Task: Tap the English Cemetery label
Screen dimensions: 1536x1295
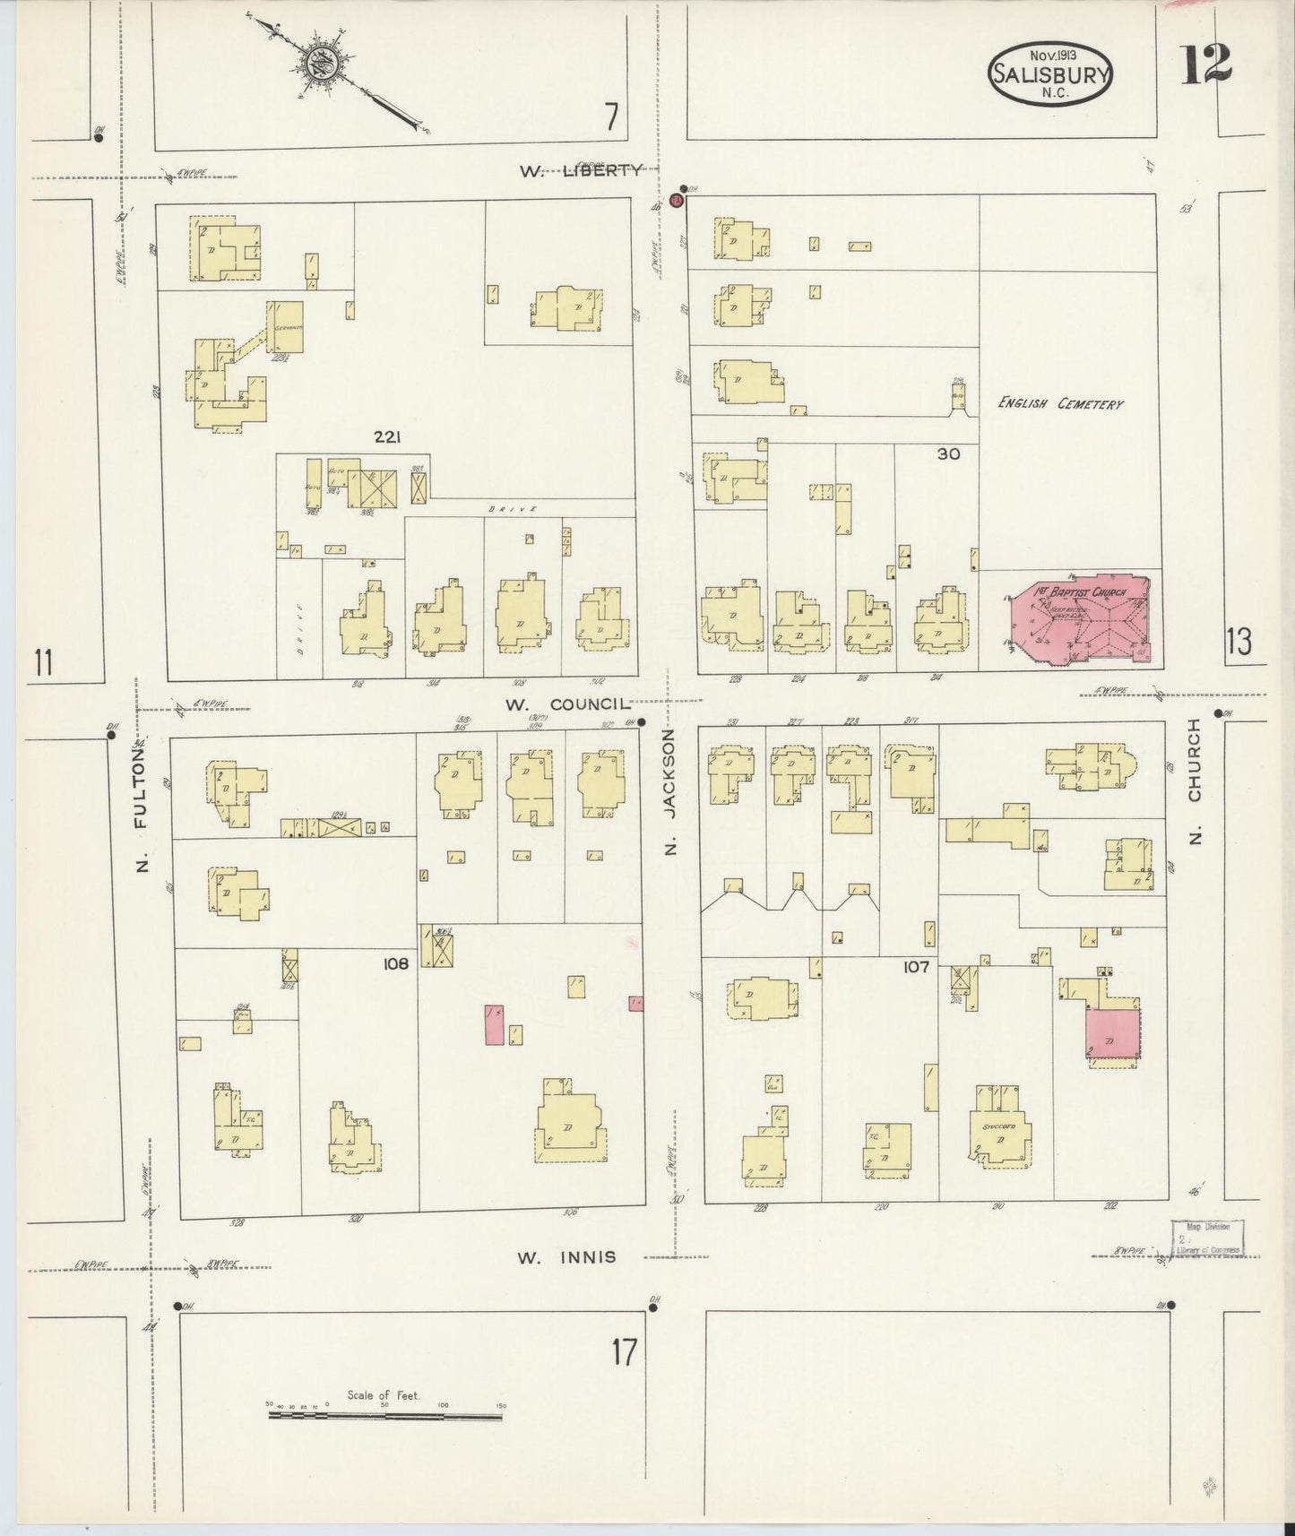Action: [x=1060, y=404]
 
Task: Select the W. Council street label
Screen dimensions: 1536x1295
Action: [x=568, y=704]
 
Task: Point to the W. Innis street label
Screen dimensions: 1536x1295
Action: [x=566, y=1257]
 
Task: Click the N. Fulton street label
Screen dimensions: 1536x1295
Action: [x=142, y=815]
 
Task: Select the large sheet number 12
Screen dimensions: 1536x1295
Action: [x=1204, y=65]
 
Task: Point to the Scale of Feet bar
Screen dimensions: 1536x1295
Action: [x=385, y=1416]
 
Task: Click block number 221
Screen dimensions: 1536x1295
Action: [x=386, y=437]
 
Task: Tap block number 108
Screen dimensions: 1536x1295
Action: [x=394, y=964]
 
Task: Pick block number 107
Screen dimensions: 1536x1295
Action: [x=916, y=967]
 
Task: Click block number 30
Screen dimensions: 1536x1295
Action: [x=948, y=454]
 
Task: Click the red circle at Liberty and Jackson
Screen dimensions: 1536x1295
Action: [x=678, y=200]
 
